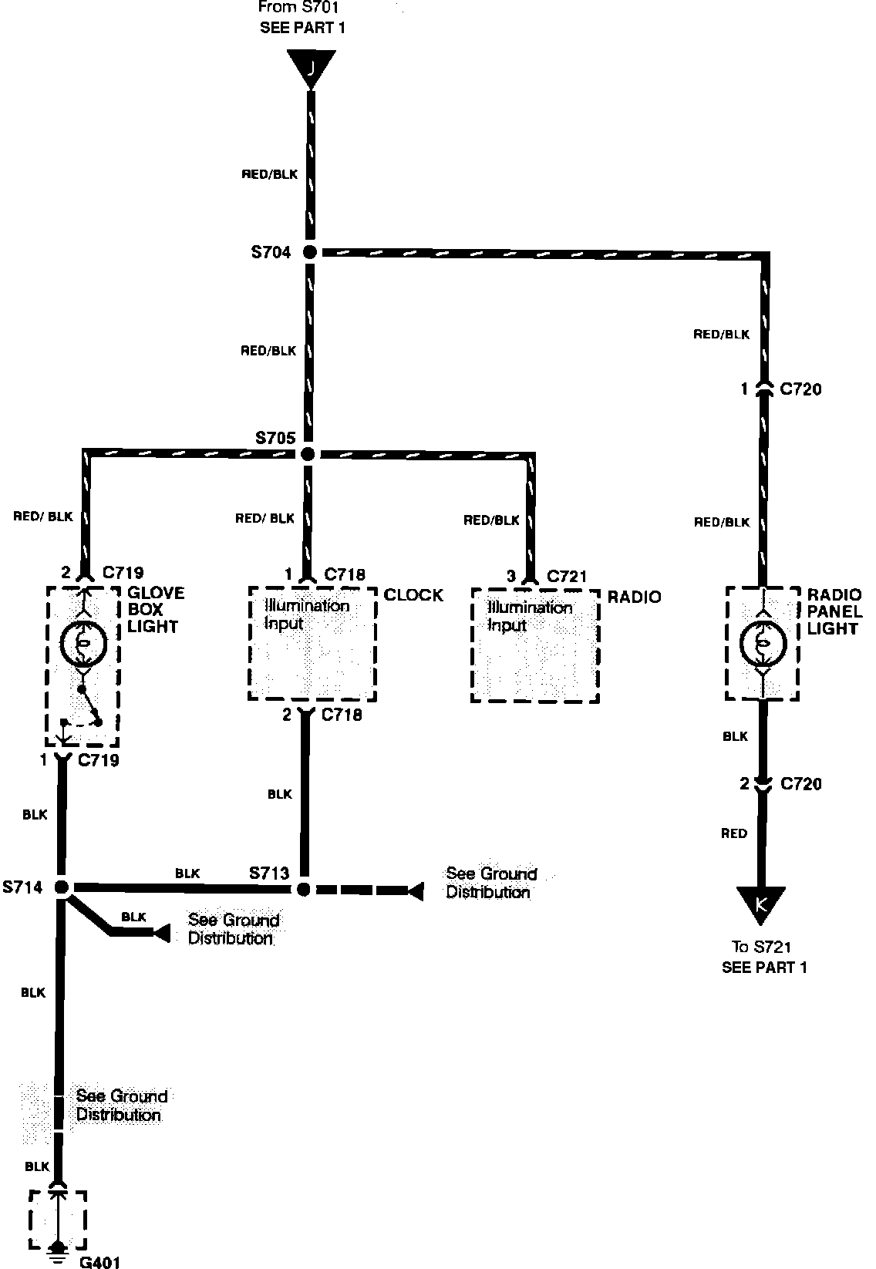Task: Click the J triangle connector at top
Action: (311, 68)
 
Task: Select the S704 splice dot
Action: (309, 251)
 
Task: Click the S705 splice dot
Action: (308, 454)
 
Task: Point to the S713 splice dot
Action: (304, 889)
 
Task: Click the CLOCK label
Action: (413, 595)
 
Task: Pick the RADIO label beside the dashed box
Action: (634, 597)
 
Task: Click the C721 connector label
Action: (567, 576)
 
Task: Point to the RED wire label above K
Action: (733, 833)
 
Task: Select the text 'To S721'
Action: (762, 948)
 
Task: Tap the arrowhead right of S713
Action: (415, 891)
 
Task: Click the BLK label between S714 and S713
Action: (187, 873)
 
